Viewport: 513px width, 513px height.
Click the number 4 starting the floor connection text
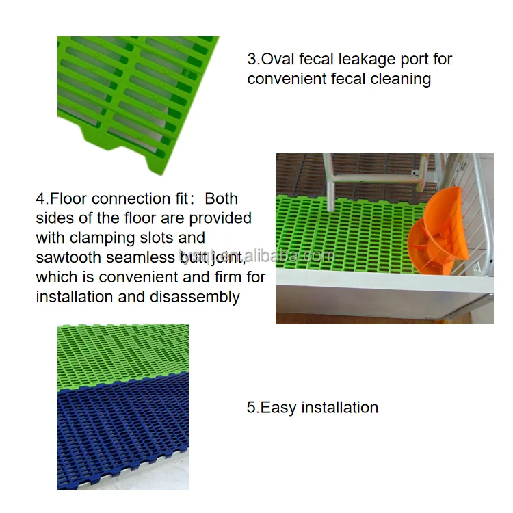(x=40, y=199)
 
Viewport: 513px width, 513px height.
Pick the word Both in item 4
(x=221, y=198)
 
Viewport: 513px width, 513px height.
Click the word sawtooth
(x=68, y=257)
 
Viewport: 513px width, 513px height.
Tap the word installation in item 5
(x=339, y=408)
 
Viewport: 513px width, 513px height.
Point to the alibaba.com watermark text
(x=256, y=256)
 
